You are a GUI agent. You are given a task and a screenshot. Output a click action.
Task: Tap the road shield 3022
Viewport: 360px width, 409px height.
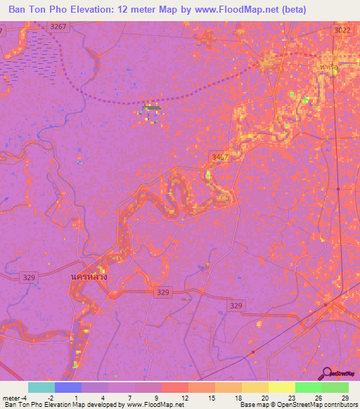coord(342,31)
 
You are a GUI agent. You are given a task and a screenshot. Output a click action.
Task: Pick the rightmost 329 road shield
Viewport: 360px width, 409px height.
coord(236,305)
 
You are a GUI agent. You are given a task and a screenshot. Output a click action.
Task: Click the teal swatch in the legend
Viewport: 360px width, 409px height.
coord(41,387)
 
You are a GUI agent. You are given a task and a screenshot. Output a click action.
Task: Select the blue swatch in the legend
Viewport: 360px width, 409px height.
coord(68,387)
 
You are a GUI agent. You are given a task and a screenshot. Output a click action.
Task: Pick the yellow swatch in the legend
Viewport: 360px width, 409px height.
coord(281,387)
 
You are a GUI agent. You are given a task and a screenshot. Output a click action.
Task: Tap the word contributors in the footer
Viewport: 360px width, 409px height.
coord(337,405)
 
